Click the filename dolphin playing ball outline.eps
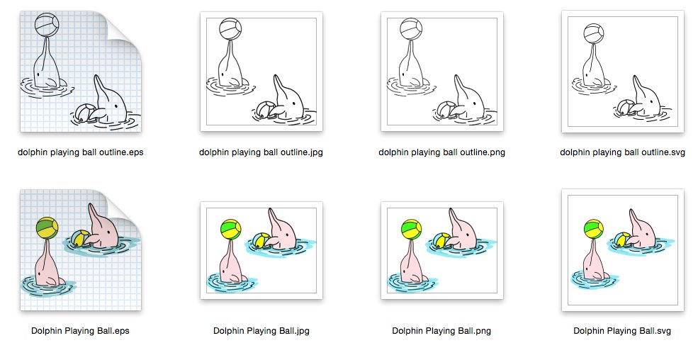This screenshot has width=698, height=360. pos(81,152)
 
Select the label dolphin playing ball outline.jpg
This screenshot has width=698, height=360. pos(261,152)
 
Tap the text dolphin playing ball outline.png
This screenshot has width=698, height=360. pos(441,152)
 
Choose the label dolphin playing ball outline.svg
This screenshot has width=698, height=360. pos(622,152)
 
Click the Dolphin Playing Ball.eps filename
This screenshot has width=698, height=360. pos(80,331)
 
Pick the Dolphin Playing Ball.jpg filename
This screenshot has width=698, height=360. pos(261,331)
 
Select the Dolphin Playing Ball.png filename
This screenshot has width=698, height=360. pos(441,331)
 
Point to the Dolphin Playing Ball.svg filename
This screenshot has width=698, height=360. pos(622,331)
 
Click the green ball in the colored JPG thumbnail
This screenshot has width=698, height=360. pos(230,230)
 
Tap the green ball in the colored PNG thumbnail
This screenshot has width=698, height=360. pos(411,230)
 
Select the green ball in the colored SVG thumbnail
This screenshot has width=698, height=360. pos(593,229)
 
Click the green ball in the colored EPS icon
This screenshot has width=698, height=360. pos(47,228)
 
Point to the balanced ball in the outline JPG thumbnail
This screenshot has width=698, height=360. pos(230,29)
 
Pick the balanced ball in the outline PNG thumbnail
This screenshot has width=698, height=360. pos(411,29)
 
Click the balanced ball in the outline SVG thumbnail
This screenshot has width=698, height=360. pos(593,34)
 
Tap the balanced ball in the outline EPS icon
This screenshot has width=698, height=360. pos(47,25)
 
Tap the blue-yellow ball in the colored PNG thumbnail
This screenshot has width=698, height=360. pos(441,240)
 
